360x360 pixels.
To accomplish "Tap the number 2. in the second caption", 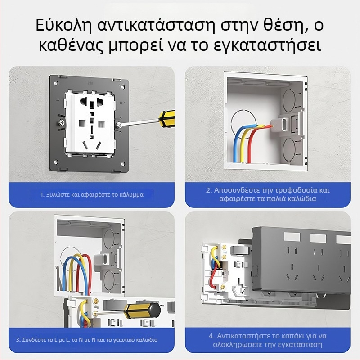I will [x=209, y=190].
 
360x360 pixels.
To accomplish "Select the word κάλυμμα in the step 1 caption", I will [x=132, y=195].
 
